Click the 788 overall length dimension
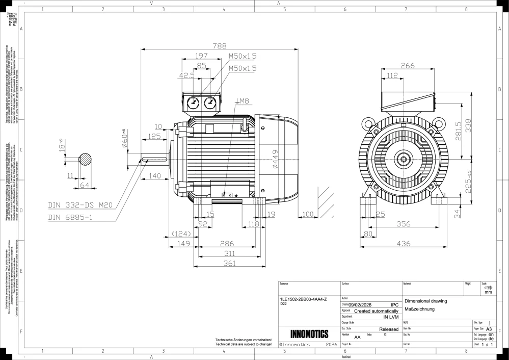220,46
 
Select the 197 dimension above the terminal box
202,56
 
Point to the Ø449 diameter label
275,160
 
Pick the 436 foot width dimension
404,244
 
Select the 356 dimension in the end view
404,223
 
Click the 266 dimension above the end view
407,65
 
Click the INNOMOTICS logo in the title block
309,334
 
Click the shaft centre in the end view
404,160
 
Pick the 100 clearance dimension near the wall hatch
308,215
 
